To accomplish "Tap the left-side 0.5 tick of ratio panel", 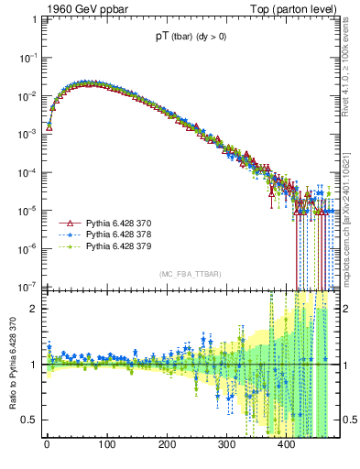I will pyautogui.click(x=29, y=420).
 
